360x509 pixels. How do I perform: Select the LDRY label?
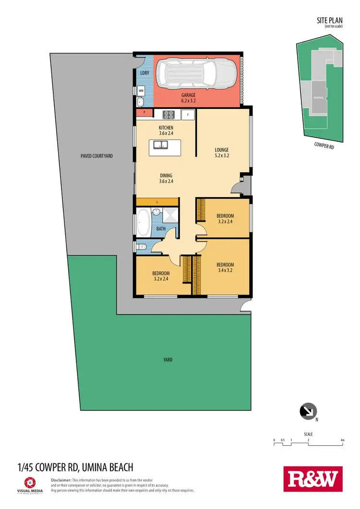point(144,73)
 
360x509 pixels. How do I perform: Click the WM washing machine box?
point(141,90)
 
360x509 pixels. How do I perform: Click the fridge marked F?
point(188,114)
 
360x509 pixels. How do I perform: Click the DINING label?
point(166,178)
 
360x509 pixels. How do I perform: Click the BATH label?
point(161,229)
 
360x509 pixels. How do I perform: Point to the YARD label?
point(167,359)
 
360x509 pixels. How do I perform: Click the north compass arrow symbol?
point(306,411)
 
